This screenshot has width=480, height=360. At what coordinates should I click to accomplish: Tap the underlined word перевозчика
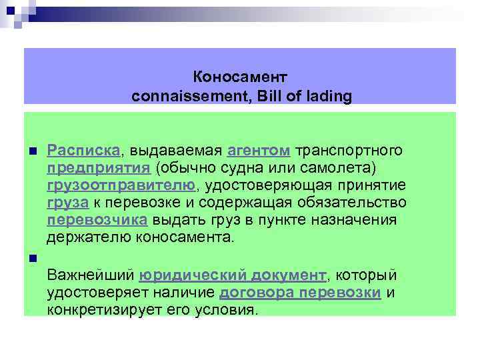97,219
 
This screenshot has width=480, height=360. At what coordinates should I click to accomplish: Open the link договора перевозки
300,293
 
